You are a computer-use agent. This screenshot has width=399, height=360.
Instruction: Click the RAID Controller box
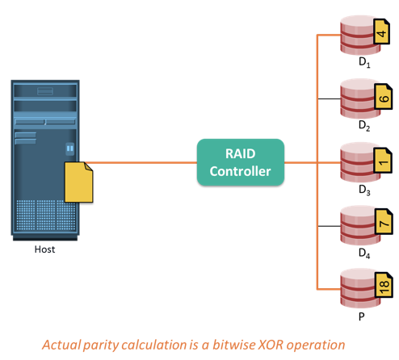tap(241, 162)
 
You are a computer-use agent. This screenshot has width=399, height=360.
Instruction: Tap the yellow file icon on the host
tap(78, 182)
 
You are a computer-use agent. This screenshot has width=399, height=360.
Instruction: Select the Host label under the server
tap(44, 249)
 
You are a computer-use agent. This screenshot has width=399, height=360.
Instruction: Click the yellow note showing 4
tap(381, 31)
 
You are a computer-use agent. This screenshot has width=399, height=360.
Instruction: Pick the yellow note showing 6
tap(384, 96)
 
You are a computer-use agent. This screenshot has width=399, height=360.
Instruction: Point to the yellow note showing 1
tap(383, 160)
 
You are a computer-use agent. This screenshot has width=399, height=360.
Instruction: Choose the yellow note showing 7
tap(384, 221)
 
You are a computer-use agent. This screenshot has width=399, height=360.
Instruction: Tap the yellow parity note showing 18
tap(384, 285)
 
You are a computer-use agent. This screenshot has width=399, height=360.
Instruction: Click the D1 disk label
tap(364, 62)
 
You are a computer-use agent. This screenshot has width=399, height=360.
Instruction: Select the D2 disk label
tap(364, 126)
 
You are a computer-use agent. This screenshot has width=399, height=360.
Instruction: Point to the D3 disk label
tap(364, 190)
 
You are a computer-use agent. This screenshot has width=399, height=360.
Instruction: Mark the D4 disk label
tap(364, 253)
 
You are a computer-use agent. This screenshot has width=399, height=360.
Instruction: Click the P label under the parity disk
tap(362, 316)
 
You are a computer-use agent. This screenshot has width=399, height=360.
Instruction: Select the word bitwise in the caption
tap(233, 345)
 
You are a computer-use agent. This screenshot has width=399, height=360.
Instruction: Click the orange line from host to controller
tap(141, 162)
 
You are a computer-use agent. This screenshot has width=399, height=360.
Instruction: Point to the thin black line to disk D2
tap(330, 99)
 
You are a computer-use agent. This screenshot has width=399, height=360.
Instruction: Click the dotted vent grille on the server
tap(46, 215)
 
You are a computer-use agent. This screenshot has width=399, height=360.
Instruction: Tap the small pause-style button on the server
tap(70, 149)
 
